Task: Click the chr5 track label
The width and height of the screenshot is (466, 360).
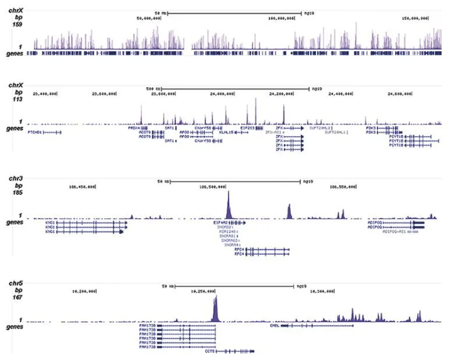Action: [x=16, y=283]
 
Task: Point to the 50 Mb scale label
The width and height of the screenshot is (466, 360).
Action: [x=161, y=12]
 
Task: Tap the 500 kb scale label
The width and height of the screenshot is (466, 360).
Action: [x=152, y=89]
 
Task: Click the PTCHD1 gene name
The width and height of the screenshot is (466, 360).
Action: [x=35, y=132]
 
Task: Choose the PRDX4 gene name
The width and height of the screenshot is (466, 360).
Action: [x=134, y=127]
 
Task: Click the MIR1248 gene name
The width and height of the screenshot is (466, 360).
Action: [x=227, y=231]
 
